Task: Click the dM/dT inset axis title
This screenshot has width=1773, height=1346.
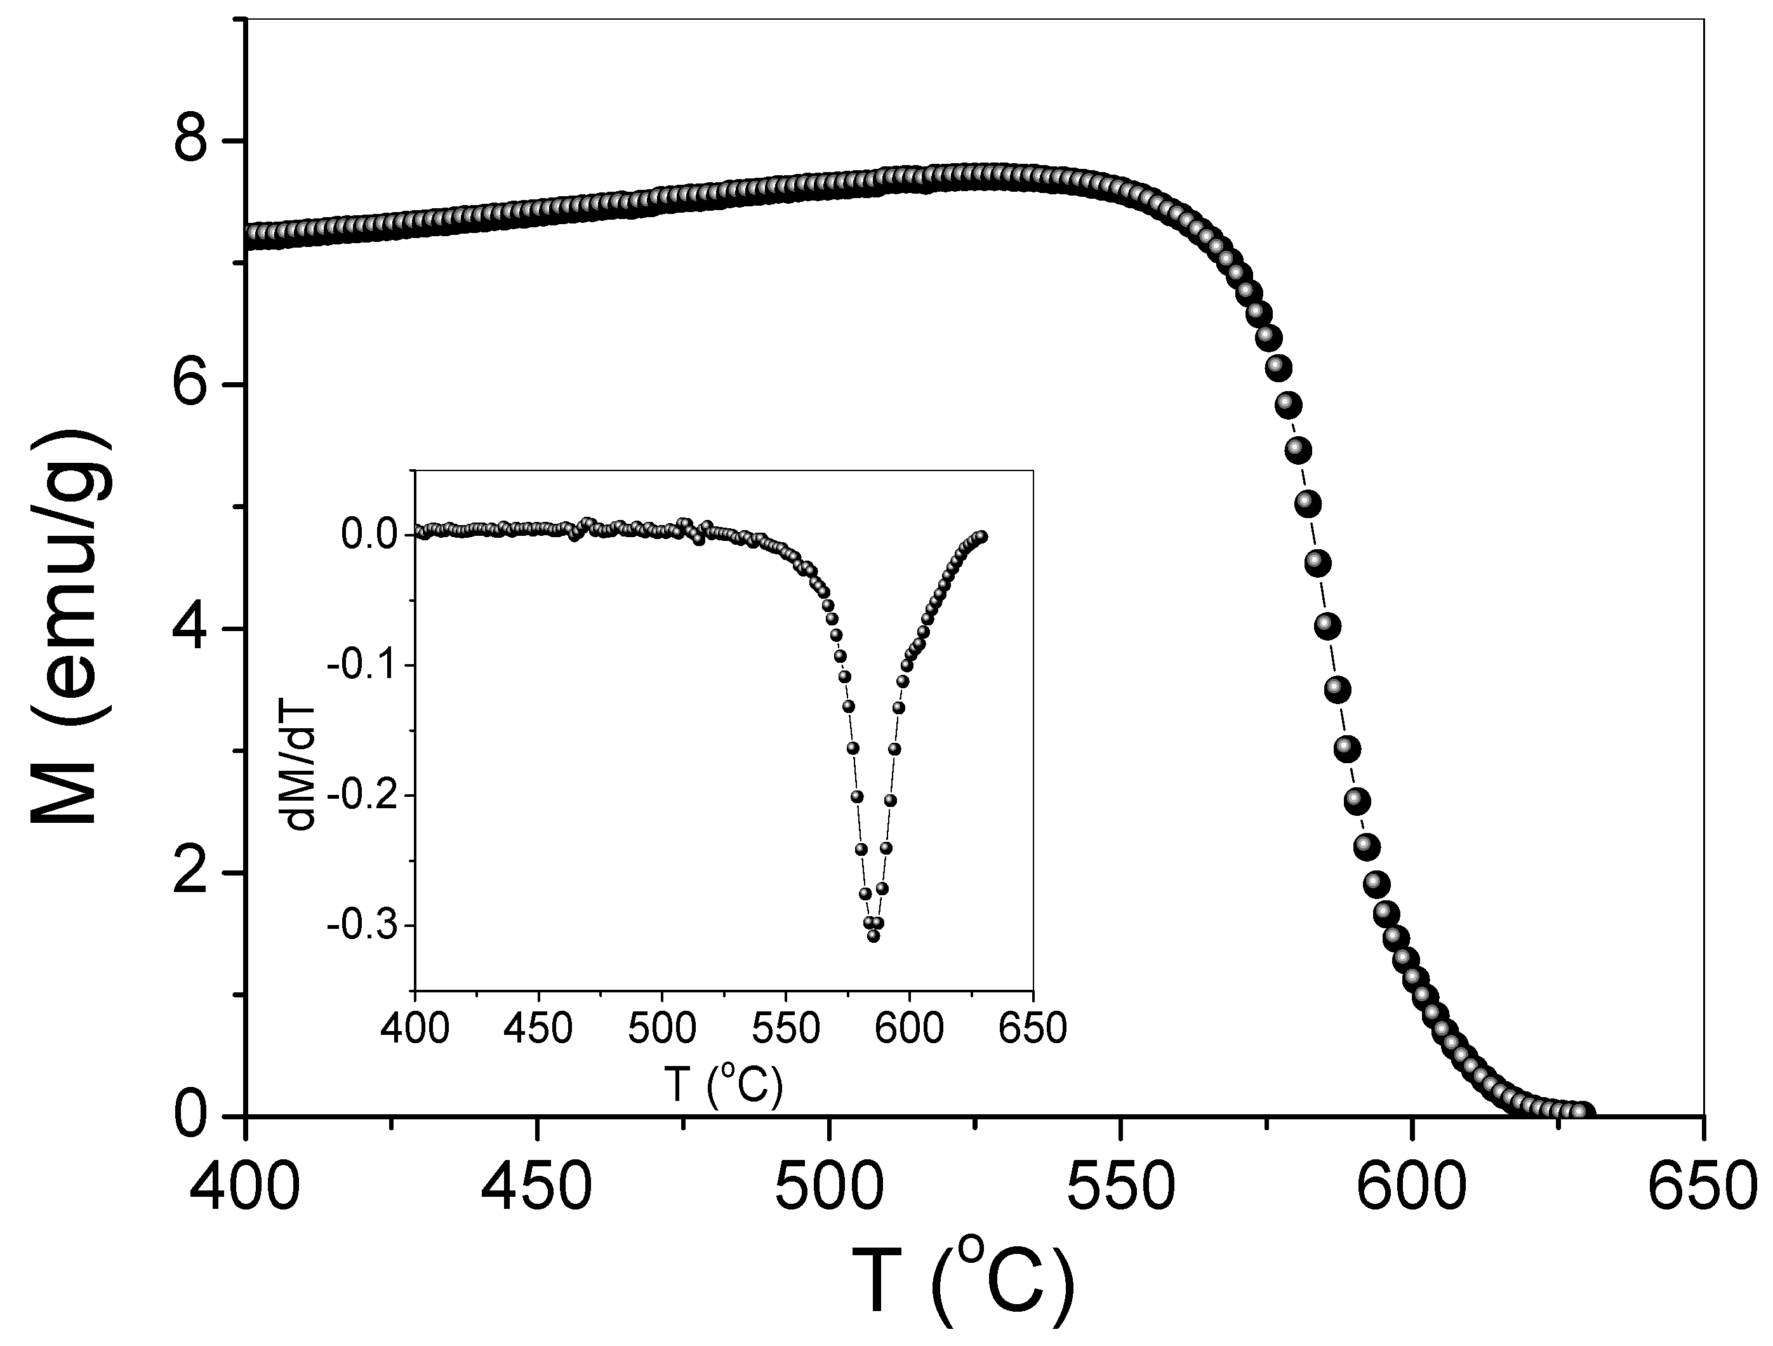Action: (x=302, y=731)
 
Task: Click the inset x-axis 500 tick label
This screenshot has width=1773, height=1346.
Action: (x=662, y=1029)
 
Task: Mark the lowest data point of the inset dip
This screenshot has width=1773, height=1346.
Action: (x=873, y=936)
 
